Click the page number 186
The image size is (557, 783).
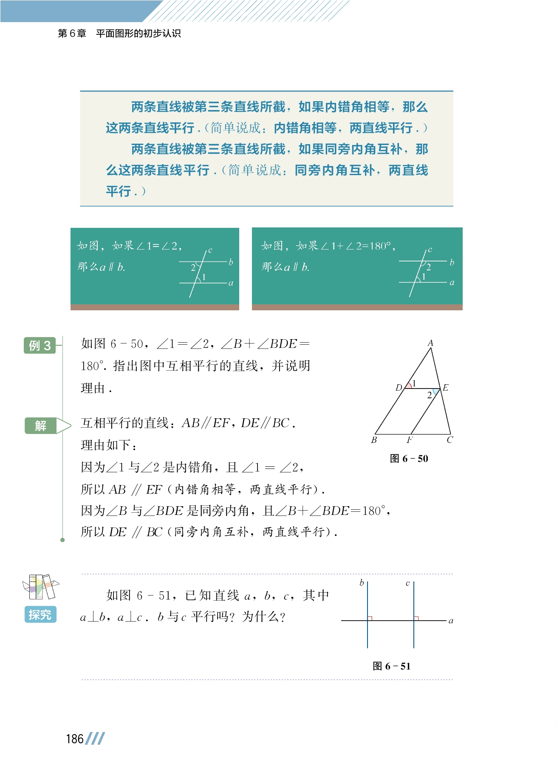tap(75, 739)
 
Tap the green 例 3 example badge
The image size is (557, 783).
tap(40, 345)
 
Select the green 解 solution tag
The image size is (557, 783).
tap(41, 426)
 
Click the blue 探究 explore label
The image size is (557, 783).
tap(40, 614)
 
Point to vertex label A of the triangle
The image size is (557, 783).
tap(430, 343)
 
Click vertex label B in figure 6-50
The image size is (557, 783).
tap(374, 440)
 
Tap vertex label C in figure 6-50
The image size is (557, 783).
tap(450, 440)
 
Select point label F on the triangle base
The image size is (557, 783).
tap(410, 440)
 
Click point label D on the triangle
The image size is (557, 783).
tap(399, 387)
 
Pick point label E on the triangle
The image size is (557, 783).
tap(445, 387)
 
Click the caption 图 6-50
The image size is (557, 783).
tap(409, 459)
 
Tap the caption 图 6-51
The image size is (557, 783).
tap(391, 666)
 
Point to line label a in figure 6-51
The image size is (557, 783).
tap(451, 621)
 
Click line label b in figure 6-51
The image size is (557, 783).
tap(362, 583)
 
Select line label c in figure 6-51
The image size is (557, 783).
tap(407, 583)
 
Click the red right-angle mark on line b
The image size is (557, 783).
tap(370, 618)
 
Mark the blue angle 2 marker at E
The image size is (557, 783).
tap(435, 391)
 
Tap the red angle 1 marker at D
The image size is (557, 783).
tap(409, 386)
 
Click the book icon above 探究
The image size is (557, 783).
tap(41, 587)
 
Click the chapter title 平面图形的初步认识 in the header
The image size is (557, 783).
tap(139, 34)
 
